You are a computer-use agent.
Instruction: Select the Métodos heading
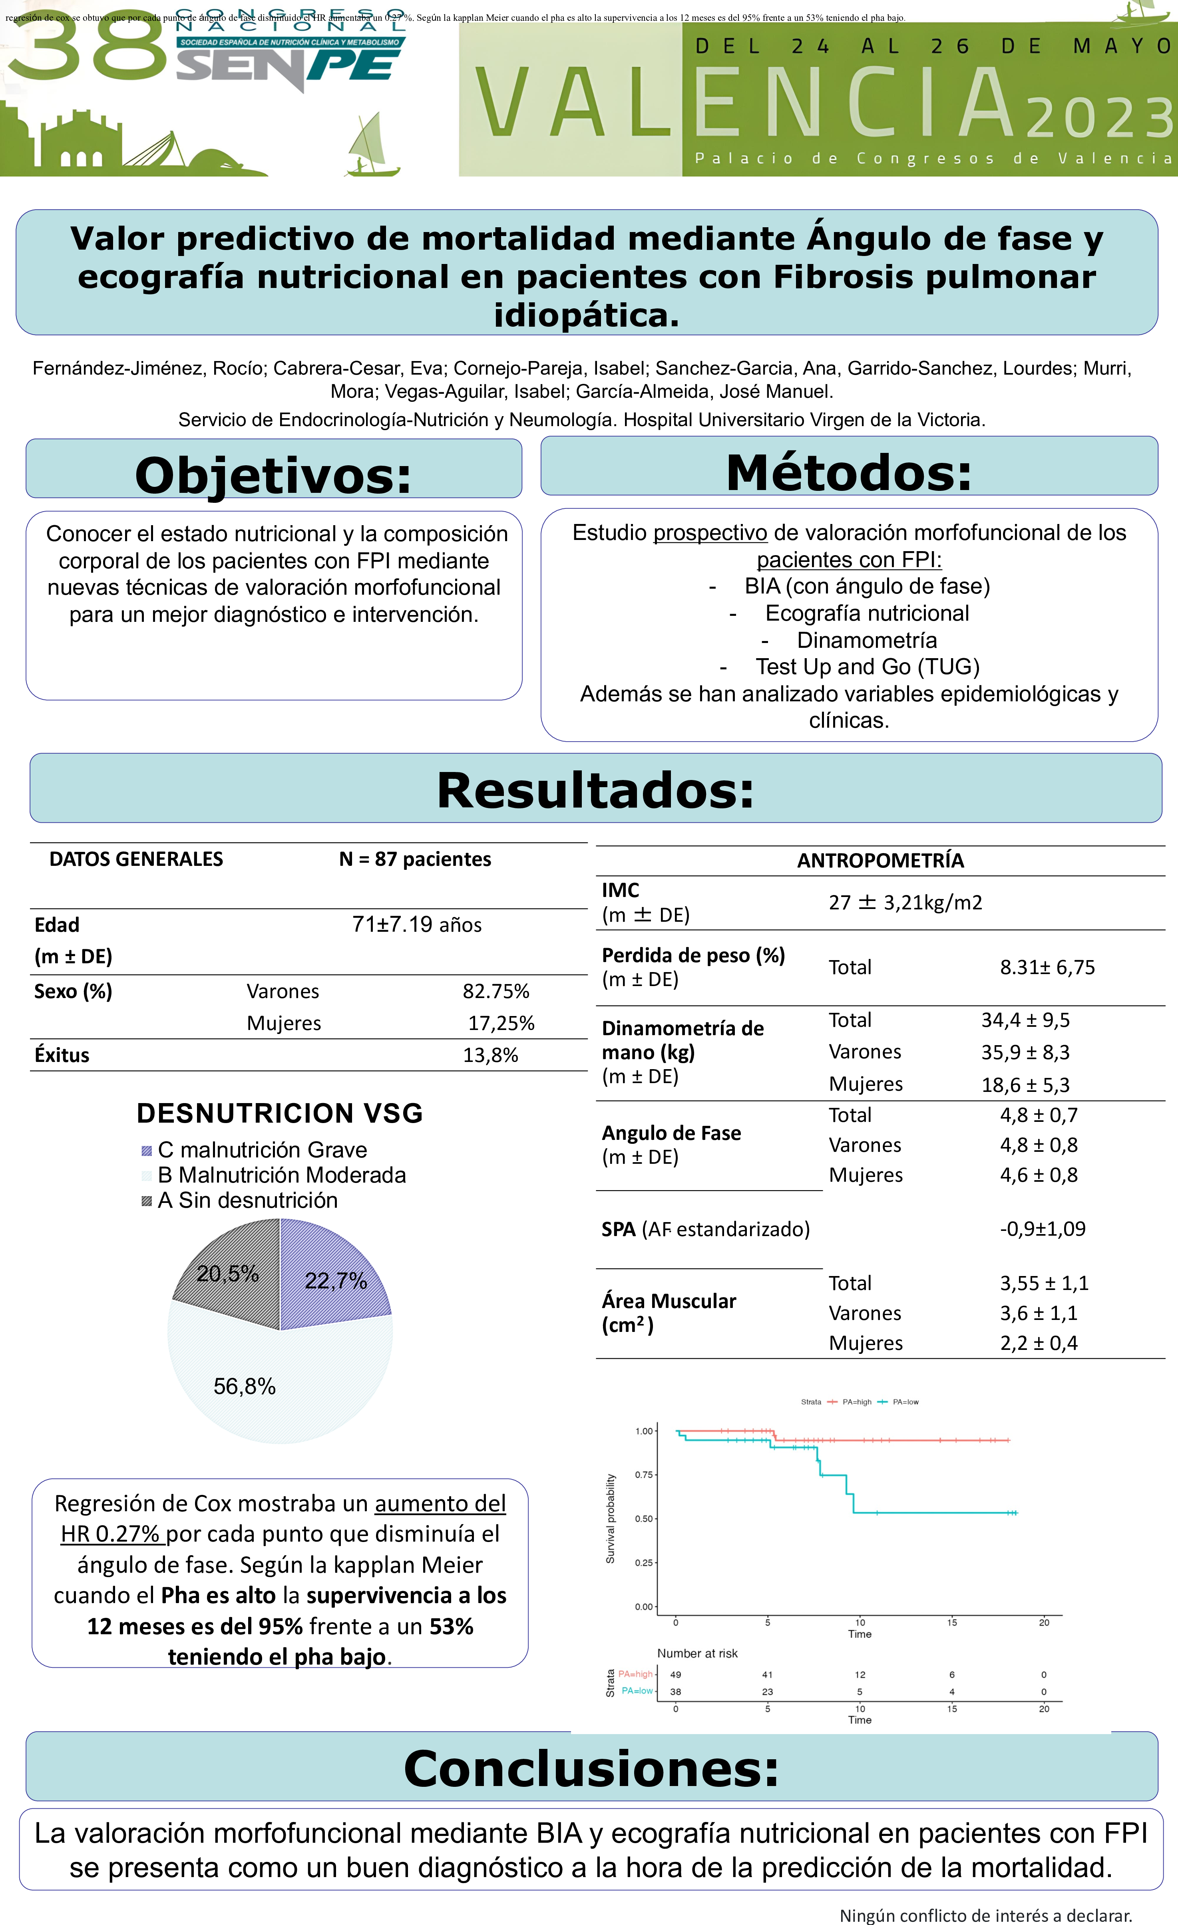click(x=849, y=472)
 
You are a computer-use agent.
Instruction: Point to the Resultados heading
click(x=596, y=789)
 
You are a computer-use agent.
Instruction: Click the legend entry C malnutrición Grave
click(x=262, y=1150)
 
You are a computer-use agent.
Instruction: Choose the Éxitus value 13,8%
click(x=490, y=1056)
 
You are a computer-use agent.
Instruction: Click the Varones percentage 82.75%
click(x=495, y=991)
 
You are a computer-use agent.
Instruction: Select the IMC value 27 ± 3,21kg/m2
click(x=905, y=902)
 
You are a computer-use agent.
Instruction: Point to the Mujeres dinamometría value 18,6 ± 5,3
click(x=1025, y=1084)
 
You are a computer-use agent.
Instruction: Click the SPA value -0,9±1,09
click(x=1043, y=1229)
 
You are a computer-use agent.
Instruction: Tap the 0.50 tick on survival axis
click(x=643, y=1519)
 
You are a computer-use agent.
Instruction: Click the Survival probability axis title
click(x=611, y=1519)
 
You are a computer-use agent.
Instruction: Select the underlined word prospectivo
click(x=710, y=533)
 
